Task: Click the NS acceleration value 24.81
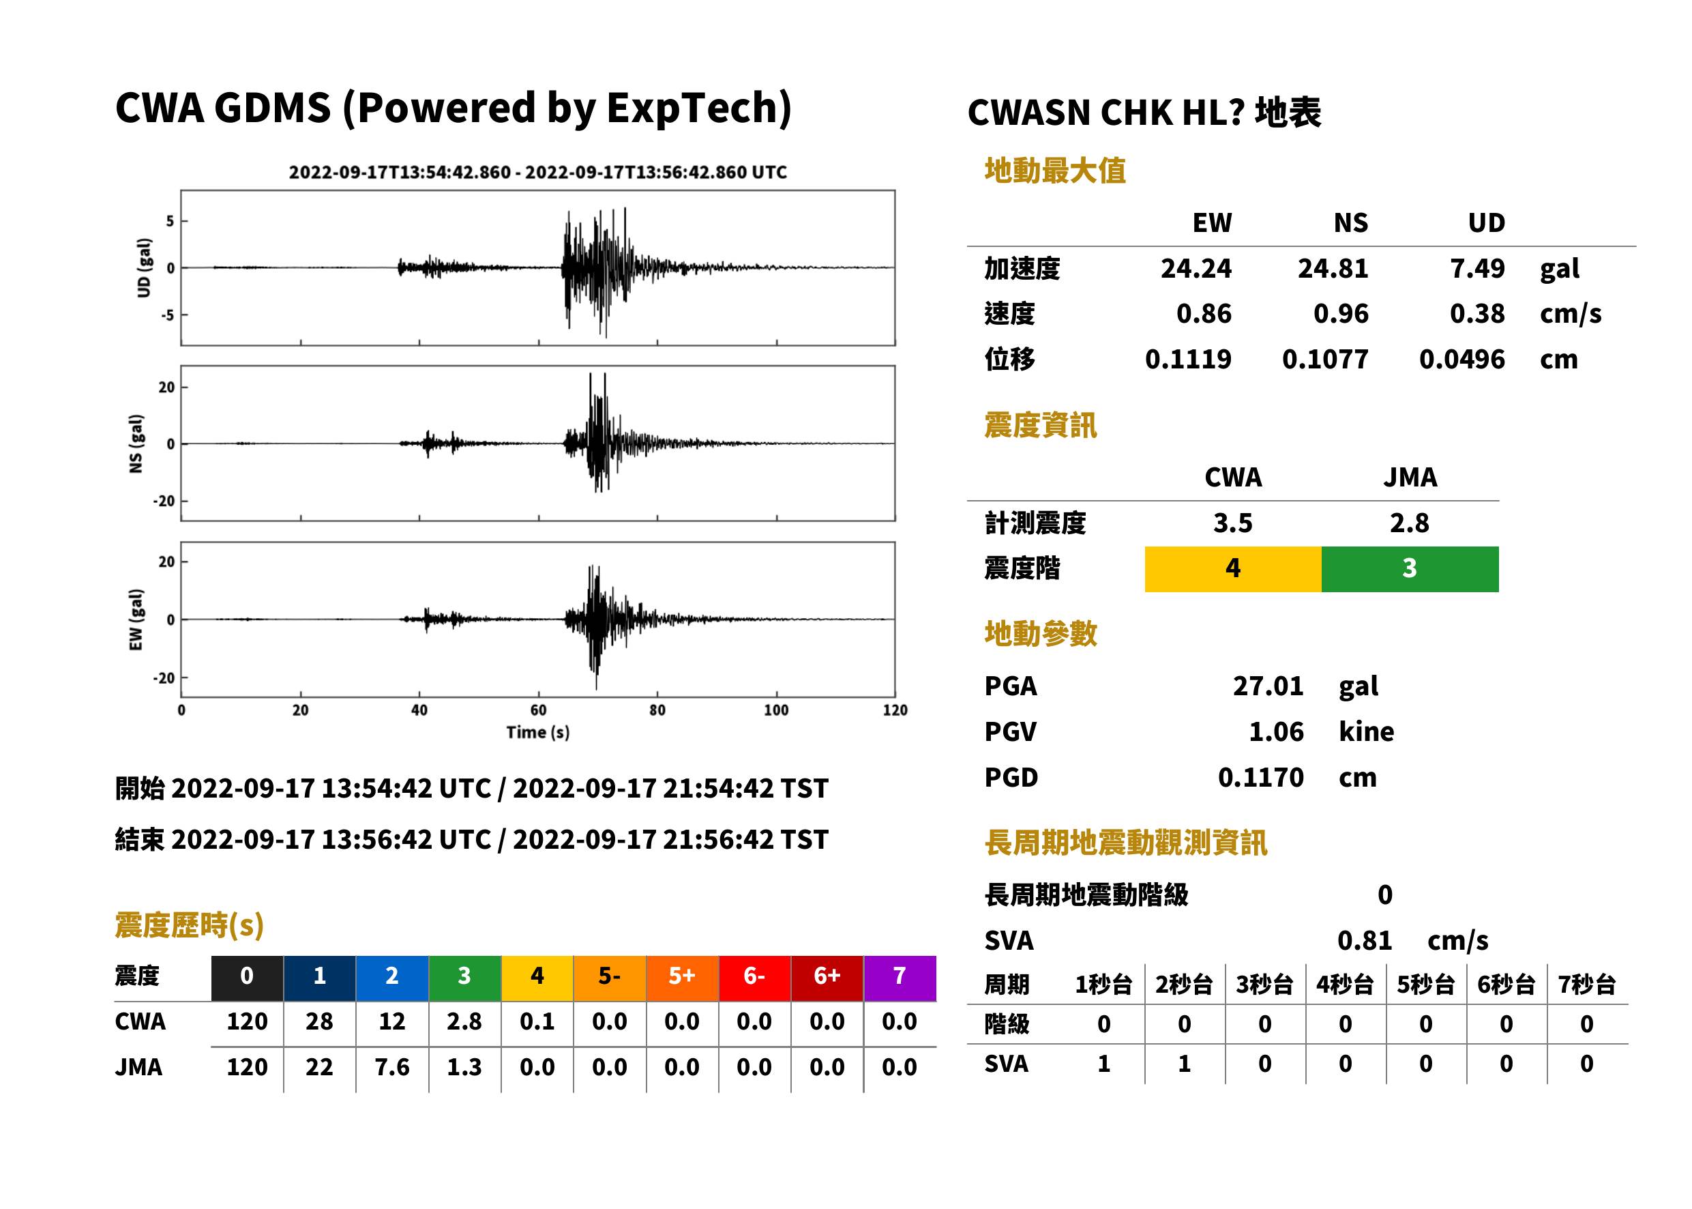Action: pyautogui.click(x=1333, y=269)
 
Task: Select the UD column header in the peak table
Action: pyautogui.click(x=1486, y=222)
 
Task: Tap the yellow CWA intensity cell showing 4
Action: pyautogui.click(x=1233, y=569)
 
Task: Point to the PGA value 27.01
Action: pyautogui.click(x=1268, y=686)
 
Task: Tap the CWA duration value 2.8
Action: pyautogui.click(x=464, y=1021)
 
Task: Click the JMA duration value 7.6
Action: pyautogui.click(x=392, y=1068)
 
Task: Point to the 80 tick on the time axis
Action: pyautogui.click(x=657, y=710)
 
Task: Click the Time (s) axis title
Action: pyautogui.click(x=538, y=733)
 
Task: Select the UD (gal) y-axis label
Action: pyautogui.click(x=144, y=268)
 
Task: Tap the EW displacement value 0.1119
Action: pyautogui.click(x=1188, y=360)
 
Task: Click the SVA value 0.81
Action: pyautogui.click(x=1365, y=941)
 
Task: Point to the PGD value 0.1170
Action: pyautogui.click(x=1260, y=778)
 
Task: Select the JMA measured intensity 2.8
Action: pyautogui.click(x=1409, y=523)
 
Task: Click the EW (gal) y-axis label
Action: pyautogui.click(x=136, y=620)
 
